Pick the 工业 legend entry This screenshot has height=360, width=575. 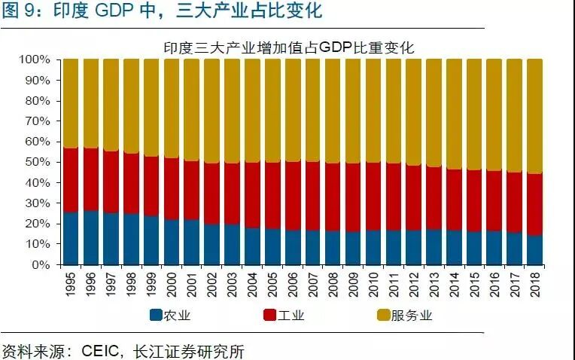pyautogui.click(x=289, y=316)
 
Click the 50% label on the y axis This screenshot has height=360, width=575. pyautogui.click(x=38, y=163)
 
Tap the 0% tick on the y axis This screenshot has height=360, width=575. pyautogui.click(x=41, y=265)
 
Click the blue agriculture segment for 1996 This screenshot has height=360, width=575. pyautogui.click(x=91, y=237)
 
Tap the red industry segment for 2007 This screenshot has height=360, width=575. pyautogui.click(x=312, y=196)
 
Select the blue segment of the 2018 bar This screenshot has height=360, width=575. pyautogui.click(x=534, y=250)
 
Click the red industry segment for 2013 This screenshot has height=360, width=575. pyautogui.click(x=434, y=198)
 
